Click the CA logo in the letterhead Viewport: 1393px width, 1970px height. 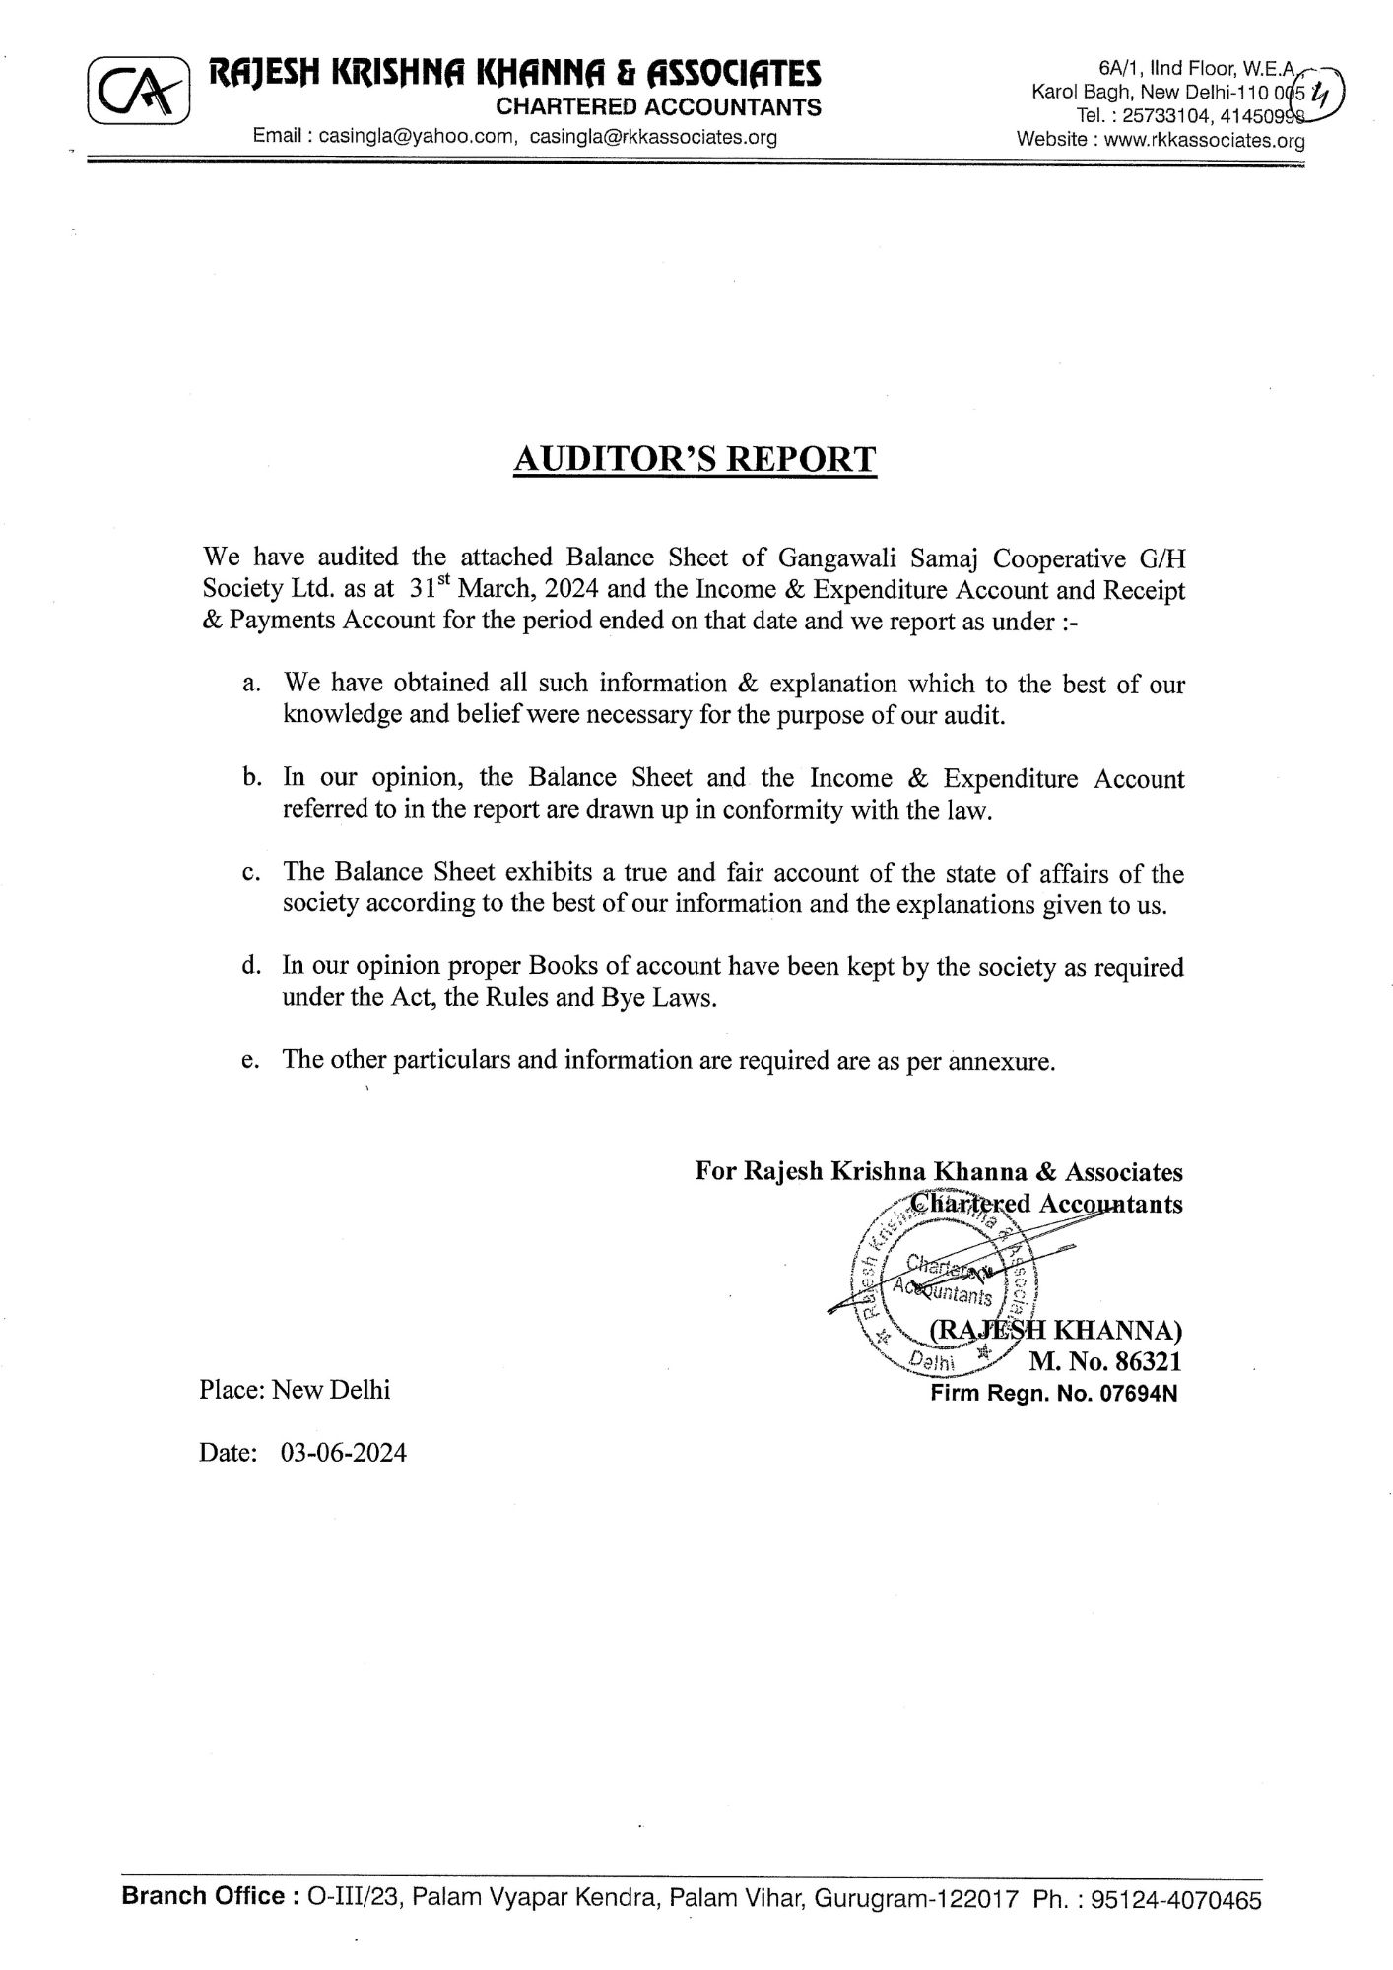pyautogui.click(x=138, y=93)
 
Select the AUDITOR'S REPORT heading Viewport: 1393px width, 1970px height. pyautogui.click(x=695, y=459)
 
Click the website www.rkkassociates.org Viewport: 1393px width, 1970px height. pyautogui.click(x=1204, y=140)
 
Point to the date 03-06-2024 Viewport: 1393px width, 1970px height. pyautogui.click(x=343, y=1453)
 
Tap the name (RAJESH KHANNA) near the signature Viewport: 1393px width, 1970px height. pyautogui.click(x=1056, y=1331)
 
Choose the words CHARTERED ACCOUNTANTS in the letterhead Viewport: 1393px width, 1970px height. pyautogui.click(x=658, y=107)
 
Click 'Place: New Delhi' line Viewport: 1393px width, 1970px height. pyautogui.click(x=295, y=1389)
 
